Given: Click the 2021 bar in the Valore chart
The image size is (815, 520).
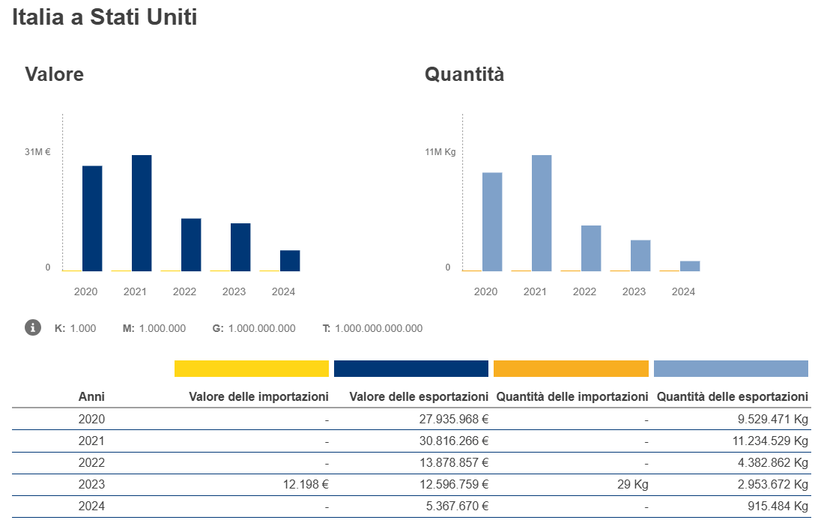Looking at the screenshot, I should point(142,213).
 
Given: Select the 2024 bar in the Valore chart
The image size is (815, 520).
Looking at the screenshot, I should point(290,261).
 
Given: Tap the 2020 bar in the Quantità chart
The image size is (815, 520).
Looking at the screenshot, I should point(492,222).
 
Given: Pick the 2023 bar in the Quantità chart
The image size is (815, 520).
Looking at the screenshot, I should point(640,256).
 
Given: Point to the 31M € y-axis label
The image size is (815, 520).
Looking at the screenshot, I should point(37,152).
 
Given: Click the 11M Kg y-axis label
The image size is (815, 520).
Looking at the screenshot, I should point(440,152).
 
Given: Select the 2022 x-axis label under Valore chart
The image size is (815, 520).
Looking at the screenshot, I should point(184,291).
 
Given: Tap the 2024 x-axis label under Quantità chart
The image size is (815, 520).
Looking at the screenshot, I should point(683,291).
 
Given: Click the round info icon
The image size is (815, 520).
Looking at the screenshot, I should point(33,327).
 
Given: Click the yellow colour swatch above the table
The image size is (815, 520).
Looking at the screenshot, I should point(252,369).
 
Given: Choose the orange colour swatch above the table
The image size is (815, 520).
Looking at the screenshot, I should point(571,369).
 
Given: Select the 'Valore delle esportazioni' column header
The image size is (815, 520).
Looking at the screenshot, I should point(419,396).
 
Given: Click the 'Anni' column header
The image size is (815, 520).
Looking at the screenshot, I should point(91,396).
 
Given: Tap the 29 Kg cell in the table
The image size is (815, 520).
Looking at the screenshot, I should point(634,484).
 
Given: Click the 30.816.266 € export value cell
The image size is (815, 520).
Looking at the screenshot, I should point(454,441).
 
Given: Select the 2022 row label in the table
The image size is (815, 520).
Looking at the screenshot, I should point(91,462).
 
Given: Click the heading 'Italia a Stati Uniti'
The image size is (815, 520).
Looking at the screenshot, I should point(105,18).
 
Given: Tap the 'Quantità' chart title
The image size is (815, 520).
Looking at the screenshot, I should point(464,75).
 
